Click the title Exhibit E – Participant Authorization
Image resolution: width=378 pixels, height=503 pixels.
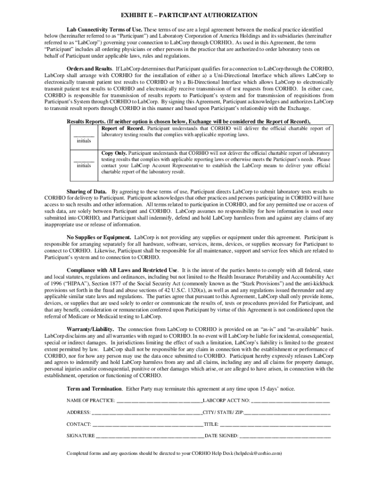[189, 16]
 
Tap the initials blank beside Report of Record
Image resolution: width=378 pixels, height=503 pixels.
[83, 134]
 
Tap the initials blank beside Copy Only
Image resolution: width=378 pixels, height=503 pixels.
[83, 159]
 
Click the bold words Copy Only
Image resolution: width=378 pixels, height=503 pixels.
[114, 153]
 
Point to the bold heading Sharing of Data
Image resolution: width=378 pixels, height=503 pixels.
[87, 192]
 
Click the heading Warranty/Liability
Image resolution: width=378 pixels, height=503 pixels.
[91, 329]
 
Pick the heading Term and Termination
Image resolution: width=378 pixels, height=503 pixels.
[95, 389]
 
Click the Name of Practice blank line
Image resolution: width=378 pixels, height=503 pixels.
[160, 401]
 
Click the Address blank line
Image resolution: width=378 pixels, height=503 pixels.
[147, 413]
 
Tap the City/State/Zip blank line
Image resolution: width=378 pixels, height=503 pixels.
[287, 413]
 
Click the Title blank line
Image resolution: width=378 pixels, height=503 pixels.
[275, 424]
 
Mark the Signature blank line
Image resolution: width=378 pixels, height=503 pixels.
[150, 436]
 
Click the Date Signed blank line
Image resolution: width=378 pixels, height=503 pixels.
[285, 436]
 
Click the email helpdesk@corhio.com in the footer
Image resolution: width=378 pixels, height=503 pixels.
[257, 453]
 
